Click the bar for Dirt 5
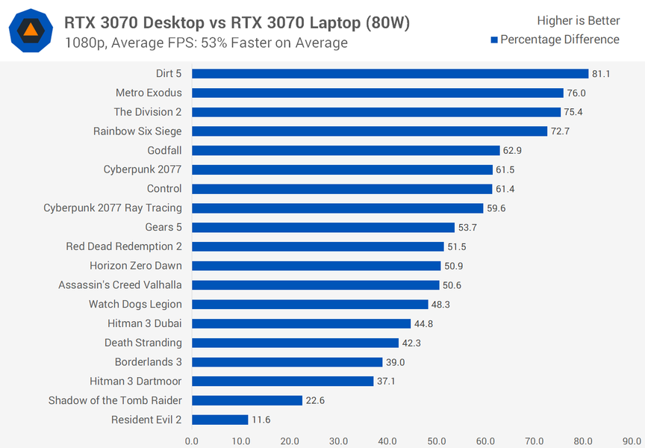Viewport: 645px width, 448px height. tap(390, 73)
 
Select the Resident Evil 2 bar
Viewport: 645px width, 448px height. tap(219, 420)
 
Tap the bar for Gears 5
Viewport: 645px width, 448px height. tap(322, 227)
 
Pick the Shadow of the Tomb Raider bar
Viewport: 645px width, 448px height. tap(246, 400)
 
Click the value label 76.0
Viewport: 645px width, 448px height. tap(577, 93)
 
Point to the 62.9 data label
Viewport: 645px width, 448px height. tap(513, 151)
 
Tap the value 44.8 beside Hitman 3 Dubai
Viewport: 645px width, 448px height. tap(424, 324)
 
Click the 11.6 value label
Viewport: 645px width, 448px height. tap(261, 420)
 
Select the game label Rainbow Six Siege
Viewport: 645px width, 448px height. tap(137, 131)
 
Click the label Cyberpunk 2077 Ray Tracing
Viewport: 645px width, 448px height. tap(113, 208)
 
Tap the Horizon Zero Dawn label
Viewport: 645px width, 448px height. tap(136, 266)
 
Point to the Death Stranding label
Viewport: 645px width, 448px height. tap(143, 343)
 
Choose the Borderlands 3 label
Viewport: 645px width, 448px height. tap(148, 362)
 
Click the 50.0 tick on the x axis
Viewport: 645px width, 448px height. tap(436, 441)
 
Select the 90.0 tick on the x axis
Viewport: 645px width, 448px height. tap(632, 441)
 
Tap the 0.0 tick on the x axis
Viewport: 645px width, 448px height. tap(192, 441)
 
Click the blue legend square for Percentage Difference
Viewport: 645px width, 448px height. tap(494, 40)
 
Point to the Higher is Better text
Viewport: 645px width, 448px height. tap(578, 20)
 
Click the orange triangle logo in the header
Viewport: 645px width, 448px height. tap(31, 31)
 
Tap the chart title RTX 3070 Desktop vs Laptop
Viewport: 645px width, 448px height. tap(237, 23)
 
